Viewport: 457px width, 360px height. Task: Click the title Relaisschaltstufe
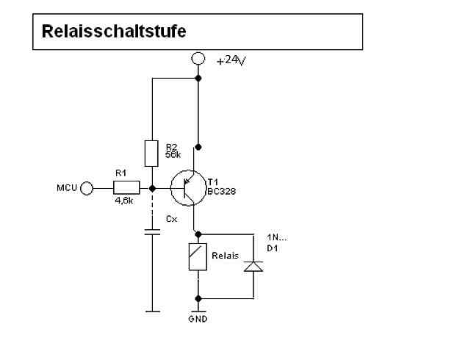pyautogui.click(x=114, y=32)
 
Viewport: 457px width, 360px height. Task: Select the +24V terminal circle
pyautogui.click(x=198, y=58)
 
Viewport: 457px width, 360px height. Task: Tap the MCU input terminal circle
pyautogui.click(x=87, y=189)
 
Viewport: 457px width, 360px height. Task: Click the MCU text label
pyautogui.click(x=68, y=189)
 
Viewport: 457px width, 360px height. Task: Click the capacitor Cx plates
pyautogui.click(x=152, y=233)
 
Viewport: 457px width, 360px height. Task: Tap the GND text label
pyautogui.click(x=198, y=320)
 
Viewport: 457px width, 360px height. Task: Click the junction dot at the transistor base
pyautogui.click(x=152, y=188)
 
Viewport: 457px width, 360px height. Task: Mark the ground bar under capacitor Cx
pyautogui.click(x=152, y=312)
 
